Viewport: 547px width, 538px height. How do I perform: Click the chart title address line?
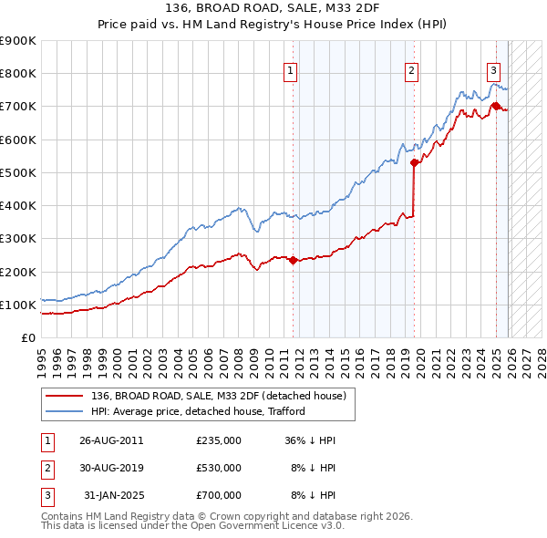[x=273, y=10]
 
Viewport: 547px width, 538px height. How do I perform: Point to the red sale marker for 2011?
[x=294, y=260]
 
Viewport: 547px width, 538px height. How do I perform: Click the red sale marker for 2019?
[x=414, y=163]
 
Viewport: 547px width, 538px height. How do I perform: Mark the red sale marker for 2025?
[x=496, y=107]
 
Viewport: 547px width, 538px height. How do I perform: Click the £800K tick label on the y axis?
[x=18, y=74]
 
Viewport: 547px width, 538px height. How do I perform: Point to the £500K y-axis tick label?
[x=18, y=172]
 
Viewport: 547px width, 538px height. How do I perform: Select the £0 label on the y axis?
[x=27, y=337]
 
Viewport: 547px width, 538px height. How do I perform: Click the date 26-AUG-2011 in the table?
[x=111, y=440]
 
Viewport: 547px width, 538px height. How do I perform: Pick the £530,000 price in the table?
[x=219, y=468]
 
